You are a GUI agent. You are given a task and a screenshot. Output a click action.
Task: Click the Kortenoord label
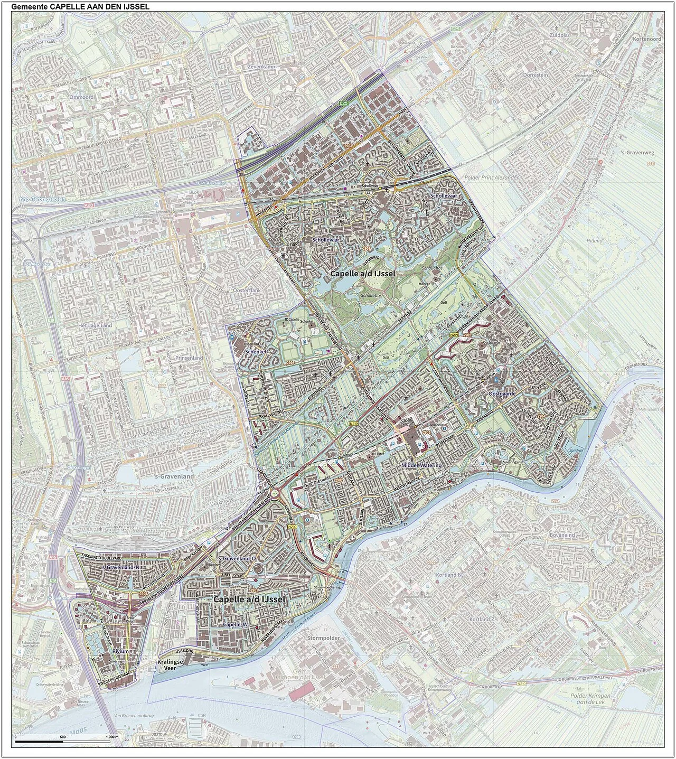[646, 39]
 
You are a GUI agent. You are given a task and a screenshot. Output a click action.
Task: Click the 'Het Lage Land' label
[95, 325]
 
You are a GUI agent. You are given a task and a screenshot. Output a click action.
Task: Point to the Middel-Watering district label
[421, 465]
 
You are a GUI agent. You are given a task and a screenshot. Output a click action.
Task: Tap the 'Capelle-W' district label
[236, 625]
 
